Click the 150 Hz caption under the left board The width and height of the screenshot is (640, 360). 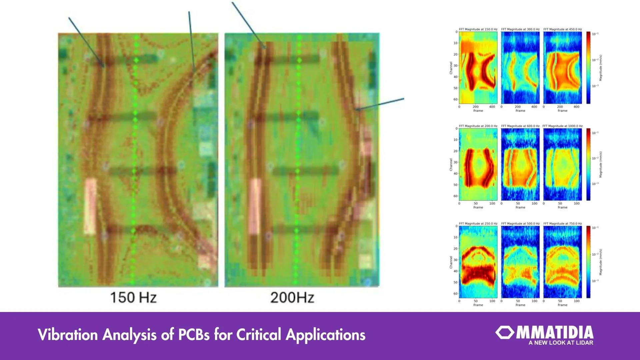pyautogui.click(x=133, y=297)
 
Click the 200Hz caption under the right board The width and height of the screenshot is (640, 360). pyautogui.click(x=292, y=297)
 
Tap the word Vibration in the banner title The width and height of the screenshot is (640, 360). pyautogui.click(x=68, y=334)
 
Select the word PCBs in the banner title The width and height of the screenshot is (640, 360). pyautogui.click(x=194, y=334)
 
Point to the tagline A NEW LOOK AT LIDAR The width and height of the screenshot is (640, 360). pyautogui.click(x=561, y=343)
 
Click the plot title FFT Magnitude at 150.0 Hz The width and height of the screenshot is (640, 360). pyautogui.click(x=478, y=29)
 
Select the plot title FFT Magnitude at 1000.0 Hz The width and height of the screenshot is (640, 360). pyautogui.click(x=562, y=126)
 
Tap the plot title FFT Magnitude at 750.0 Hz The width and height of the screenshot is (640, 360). pyautogui.click(x=562, y=223)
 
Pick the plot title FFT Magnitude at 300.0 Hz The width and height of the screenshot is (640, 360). pyautogui.click(x=520, y=29)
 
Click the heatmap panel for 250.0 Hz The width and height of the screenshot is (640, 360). pyautogui.click(x=478, y=262)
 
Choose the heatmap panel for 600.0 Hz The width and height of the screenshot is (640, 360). pyautogui.click(x=520, y=165)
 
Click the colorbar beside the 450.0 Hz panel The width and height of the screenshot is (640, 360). pyautogui.click(x=588, y=67)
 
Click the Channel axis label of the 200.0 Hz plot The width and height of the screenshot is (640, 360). pyautogui.click(x=451, y=165)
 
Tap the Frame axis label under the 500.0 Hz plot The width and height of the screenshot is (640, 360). pyautogui.click(x=520, y=305)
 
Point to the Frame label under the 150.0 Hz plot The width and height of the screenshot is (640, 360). pyautogui.click(x=478, y=111)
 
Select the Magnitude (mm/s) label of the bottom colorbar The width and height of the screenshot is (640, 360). pyautogui.click(x=601, y=262)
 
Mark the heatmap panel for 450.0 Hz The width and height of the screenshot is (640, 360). pyautogui.click(x=562, y=67)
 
